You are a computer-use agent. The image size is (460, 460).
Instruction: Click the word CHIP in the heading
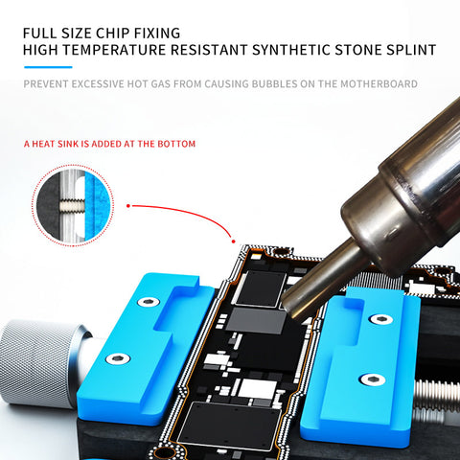point(113,34)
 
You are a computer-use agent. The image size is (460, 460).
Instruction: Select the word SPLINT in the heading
point(411,50)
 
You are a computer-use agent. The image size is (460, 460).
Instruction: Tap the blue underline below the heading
point(48,67)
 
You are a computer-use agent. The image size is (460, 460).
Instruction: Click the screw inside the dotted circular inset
point(72,204)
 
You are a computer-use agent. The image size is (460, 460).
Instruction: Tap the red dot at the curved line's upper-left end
point(128,206)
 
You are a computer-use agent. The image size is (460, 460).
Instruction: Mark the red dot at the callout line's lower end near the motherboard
point(234,241)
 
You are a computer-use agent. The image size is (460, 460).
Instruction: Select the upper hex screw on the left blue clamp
point(149,302)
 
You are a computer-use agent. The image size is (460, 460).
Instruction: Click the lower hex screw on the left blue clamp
point(118,358)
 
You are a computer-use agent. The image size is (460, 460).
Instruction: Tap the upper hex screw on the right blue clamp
point(380,319)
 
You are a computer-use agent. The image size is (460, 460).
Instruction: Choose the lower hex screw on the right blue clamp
point(372,379)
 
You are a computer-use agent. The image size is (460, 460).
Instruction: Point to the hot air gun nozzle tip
point(292,304)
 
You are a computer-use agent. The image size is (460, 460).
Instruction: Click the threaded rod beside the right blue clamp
point(436,396)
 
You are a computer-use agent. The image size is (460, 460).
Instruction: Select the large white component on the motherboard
point(258,389)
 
